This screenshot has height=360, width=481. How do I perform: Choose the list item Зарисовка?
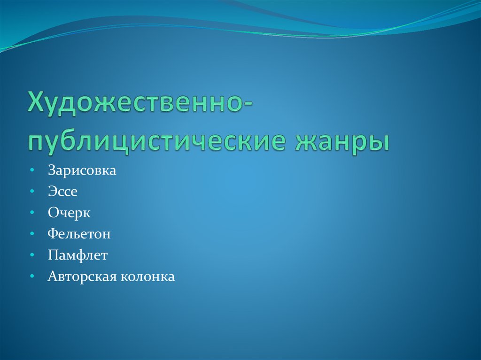[81, 170]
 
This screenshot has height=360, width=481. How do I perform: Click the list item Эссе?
[62, 191]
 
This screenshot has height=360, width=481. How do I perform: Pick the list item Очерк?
[69, 213]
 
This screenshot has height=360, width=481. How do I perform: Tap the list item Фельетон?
[79, 234]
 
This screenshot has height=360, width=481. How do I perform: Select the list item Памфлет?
[78, 255]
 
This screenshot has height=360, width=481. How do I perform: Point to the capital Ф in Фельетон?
[52, 234]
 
